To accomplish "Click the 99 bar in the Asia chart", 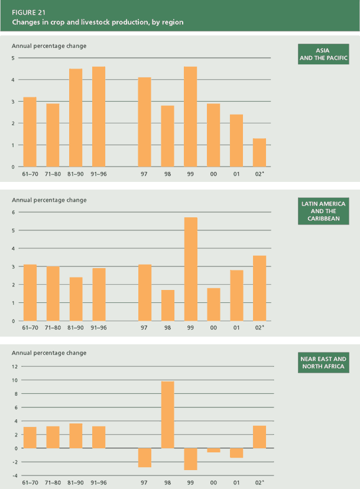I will click(190, 116).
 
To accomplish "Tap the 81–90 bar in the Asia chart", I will click(76, 118).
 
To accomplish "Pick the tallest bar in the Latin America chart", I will click(190, 269).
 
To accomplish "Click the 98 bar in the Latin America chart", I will click(167, 305).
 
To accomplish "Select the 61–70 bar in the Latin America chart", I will click(30, 292).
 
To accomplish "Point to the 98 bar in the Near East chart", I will click(167, 415).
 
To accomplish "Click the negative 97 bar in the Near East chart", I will click(144, 458).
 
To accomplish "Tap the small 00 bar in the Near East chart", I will click(213, 450).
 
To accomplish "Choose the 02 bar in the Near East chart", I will click(259, 436).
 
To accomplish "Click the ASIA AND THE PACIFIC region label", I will click(323, 54).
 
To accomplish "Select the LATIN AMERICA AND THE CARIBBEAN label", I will click(323, 211).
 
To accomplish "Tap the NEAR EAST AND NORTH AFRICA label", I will click(323, 363).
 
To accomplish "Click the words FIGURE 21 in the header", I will click(28, 12).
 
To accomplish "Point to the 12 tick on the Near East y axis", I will click(15, 366).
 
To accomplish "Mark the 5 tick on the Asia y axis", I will click(14, 58).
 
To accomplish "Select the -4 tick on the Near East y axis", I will click(14, 475).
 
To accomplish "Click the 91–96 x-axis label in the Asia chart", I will click(98, 174).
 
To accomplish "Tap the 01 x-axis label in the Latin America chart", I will click(236, 328).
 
